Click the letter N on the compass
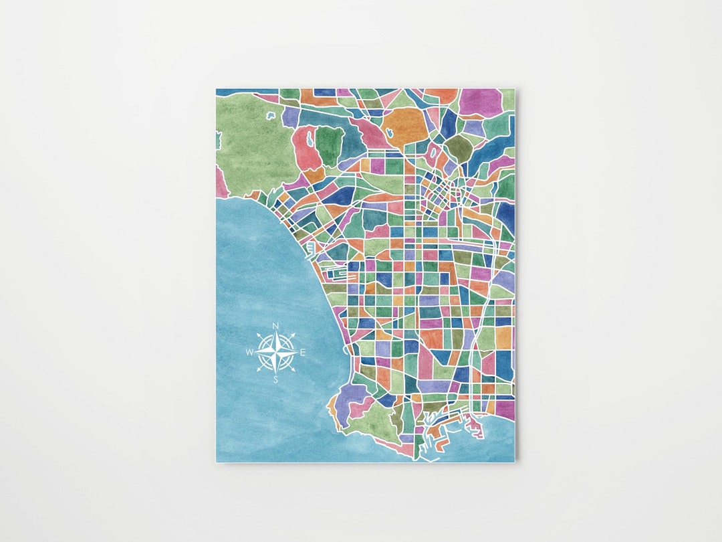pos(275,327)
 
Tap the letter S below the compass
pos(275,379)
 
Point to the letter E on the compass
pos(303,353)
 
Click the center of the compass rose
pos(276,353)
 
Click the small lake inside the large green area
pos(271,115)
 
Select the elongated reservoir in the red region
pos(310,140)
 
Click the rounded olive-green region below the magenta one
pos(459,147)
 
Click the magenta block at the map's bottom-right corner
pos(505,409)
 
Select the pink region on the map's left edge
pos(221,183)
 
